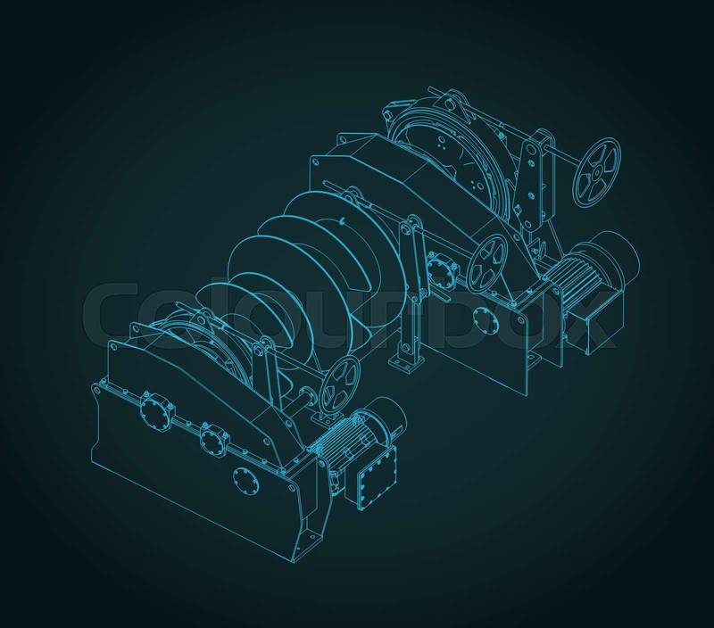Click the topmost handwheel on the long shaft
(596, 171)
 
